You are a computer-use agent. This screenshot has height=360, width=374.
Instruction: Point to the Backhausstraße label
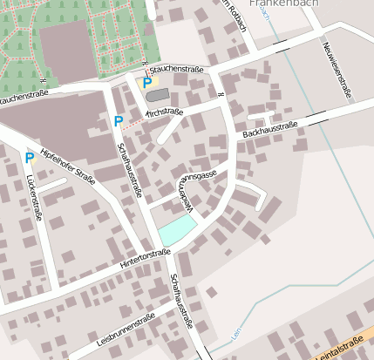point(270,130)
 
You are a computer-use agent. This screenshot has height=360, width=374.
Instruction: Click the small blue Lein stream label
point(235,332)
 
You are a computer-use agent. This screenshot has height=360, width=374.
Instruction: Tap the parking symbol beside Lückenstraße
point(30,158)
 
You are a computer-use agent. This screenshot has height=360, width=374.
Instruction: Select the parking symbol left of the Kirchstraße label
point(118,121)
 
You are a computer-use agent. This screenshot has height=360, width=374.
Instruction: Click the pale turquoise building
point(176,230)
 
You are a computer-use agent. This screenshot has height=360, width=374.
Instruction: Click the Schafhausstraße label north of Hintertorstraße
point(130,169)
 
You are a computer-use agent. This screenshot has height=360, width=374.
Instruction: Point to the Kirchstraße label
point(164,112)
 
